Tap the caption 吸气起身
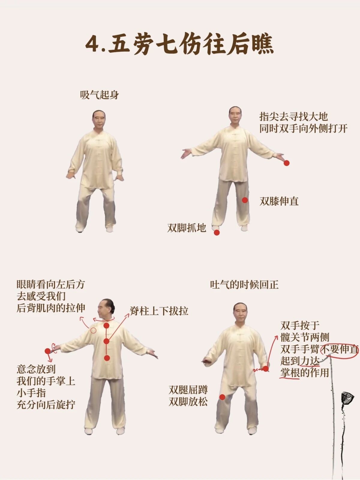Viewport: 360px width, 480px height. coord(100,95)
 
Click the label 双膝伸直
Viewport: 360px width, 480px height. coord(279,201)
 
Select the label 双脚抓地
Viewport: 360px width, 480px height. coord(187,228)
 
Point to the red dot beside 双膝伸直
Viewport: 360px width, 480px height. coord(245,200)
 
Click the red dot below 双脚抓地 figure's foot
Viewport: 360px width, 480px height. coord(217,233)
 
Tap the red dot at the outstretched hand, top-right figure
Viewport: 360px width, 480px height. coord(286,163)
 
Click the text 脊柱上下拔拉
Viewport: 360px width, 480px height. coord(159,311)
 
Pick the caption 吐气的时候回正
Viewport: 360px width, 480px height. coord(244,285)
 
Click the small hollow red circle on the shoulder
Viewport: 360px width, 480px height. coord(93,330)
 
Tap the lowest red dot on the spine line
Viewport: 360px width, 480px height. coord(107,358)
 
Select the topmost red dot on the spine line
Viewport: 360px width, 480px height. coord(106,325)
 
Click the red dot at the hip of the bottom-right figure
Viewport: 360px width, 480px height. coord(265,369)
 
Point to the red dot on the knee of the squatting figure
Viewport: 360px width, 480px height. coord(222,397)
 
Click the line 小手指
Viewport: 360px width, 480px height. coord(31,393)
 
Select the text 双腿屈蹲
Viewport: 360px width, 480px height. coord(188,390)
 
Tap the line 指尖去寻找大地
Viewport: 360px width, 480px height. coord(294,117)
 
